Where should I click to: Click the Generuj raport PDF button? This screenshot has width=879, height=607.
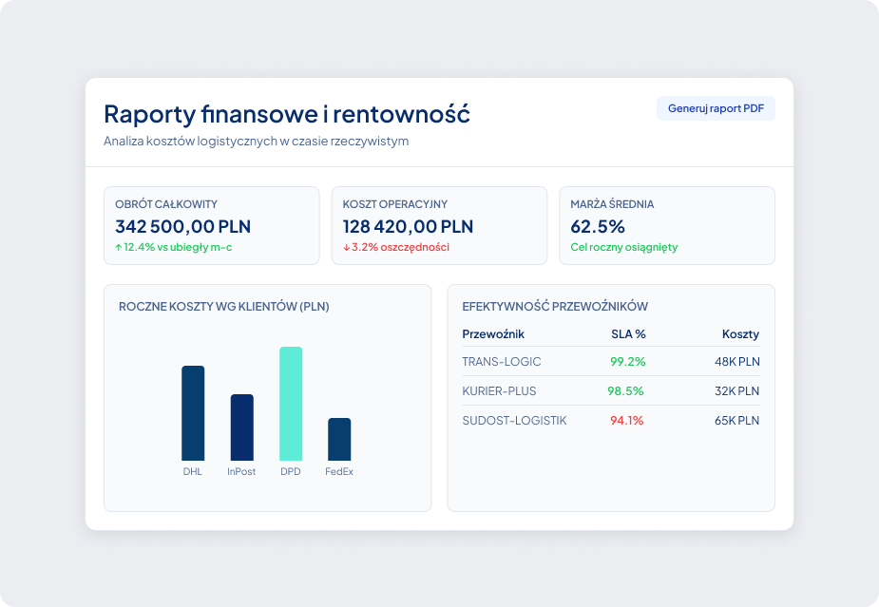(716, 108)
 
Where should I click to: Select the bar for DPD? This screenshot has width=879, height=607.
(291, 404)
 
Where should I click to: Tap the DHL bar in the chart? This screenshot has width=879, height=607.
(193, 413)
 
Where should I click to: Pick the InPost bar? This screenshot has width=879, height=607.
(241, 427)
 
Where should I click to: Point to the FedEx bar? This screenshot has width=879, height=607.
(339, 439)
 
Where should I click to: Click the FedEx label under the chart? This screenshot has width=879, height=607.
(339, 471)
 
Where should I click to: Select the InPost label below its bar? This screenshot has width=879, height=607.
(241, 471)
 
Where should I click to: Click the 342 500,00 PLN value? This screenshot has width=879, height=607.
(182, 226)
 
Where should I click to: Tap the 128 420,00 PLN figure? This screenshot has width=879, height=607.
(408, 226)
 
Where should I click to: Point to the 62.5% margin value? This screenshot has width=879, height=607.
(598, 226)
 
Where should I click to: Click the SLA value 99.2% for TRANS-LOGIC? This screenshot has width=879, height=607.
(628, 362)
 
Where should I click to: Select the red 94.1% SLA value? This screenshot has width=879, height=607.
(627, 421)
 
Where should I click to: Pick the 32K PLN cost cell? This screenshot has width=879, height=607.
(736, 390)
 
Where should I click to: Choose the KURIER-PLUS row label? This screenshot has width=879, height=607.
(499, 390)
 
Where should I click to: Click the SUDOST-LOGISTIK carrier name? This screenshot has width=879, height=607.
(514, 421)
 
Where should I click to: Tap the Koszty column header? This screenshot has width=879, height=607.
(740, 334)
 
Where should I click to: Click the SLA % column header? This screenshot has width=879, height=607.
(628, 334)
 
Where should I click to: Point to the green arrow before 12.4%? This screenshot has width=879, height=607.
(118, 247)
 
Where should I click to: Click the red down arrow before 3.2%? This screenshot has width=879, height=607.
(347, 247)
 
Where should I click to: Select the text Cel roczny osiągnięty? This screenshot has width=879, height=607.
(624, 247)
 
